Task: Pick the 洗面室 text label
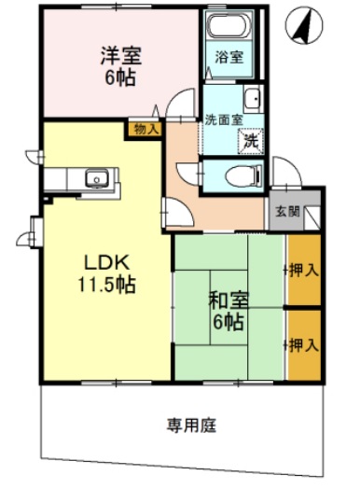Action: [x=224, y=119]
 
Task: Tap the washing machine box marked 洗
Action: [x=250, y=142]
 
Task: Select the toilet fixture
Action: [x=243, y=174]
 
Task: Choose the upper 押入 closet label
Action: [x=304, y=270]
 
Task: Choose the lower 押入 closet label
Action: [x=304, y=343]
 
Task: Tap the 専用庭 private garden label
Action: [x=191, y=426]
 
